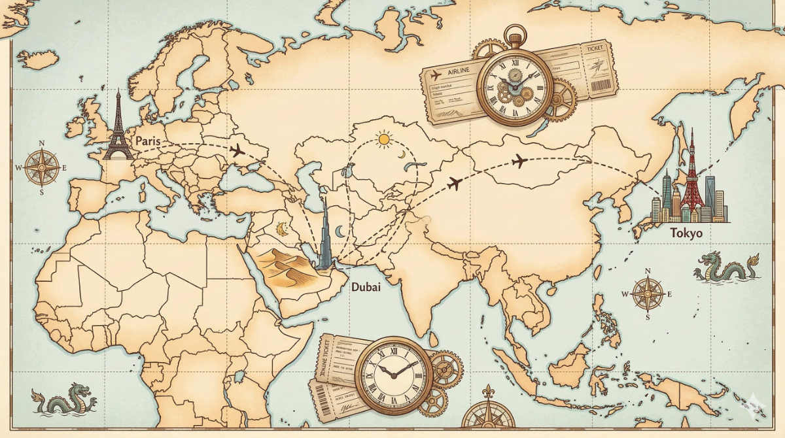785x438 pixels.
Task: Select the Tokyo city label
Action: tap(686, 233)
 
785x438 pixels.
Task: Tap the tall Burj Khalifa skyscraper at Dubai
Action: tap(325, 235)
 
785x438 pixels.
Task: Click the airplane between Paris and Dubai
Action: tap(237, 151)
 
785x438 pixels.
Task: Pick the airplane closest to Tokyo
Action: tap(519, 161)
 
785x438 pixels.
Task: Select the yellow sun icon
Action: tap(383, 139)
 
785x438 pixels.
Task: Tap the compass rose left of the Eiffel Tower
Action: tap(42, 167)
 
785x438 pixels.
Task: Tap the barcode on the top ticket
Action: tap(600, 84)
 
